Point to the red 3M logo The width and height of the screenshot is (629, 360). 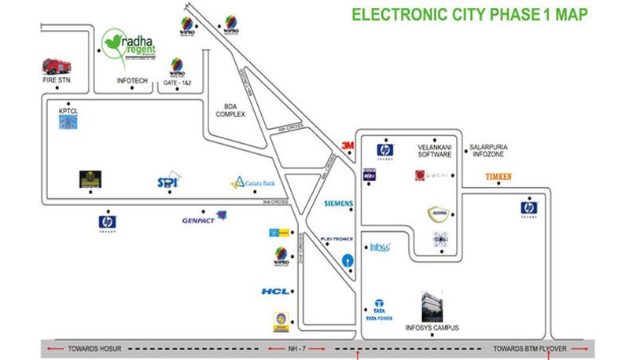(348, 145)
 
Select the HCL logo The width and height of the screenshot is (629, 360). (276, 291)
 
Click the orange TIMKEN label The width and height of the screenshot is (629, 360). (498, 177)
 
